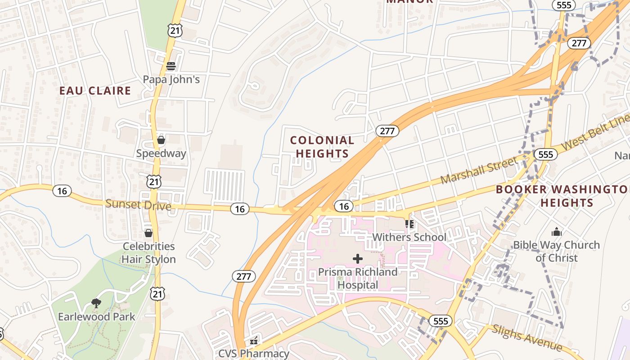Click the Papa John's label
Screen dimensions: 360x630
click(x=171, y=79)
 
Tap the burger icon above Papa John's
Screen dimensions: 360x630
click(x=171, y=66)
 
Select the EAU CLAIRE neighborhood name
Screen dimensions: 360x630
click(x=95, y=90)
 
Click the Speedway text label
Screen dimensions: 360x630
click(x=161, y=153)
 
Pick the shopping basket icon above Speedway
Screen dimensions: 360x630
click(x=161, y=140)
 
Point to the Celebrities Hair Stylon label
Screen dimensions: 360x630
click(x=148, y=253)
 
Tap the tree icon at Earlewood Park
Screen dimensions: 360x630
click(x=96, y=303)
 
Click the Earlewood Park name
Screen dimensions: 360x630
click(x=96, y=317)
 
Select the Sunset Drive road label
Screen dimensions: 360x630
click(x=138, y=205)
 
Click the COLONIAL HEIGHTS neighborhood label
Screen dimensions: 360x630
click(x=322, y=147)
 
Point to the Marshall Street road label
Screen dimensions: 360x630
click(x=479, y=170)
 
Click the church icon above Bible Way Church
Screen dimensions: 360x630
click(x=557, y=232)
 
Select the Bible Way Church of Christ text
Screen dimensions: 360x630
click(x=557, y=251)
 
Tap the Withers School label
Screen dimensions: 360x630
click(x=409, y=237)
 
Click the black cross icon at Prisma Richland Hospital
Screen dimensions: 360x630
click(x=358, y=259)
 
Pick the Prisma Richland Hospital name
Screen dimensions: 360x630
click(x=358, y=279)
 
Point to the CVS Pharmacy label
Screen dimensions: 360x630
click(x=254, y=353)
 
